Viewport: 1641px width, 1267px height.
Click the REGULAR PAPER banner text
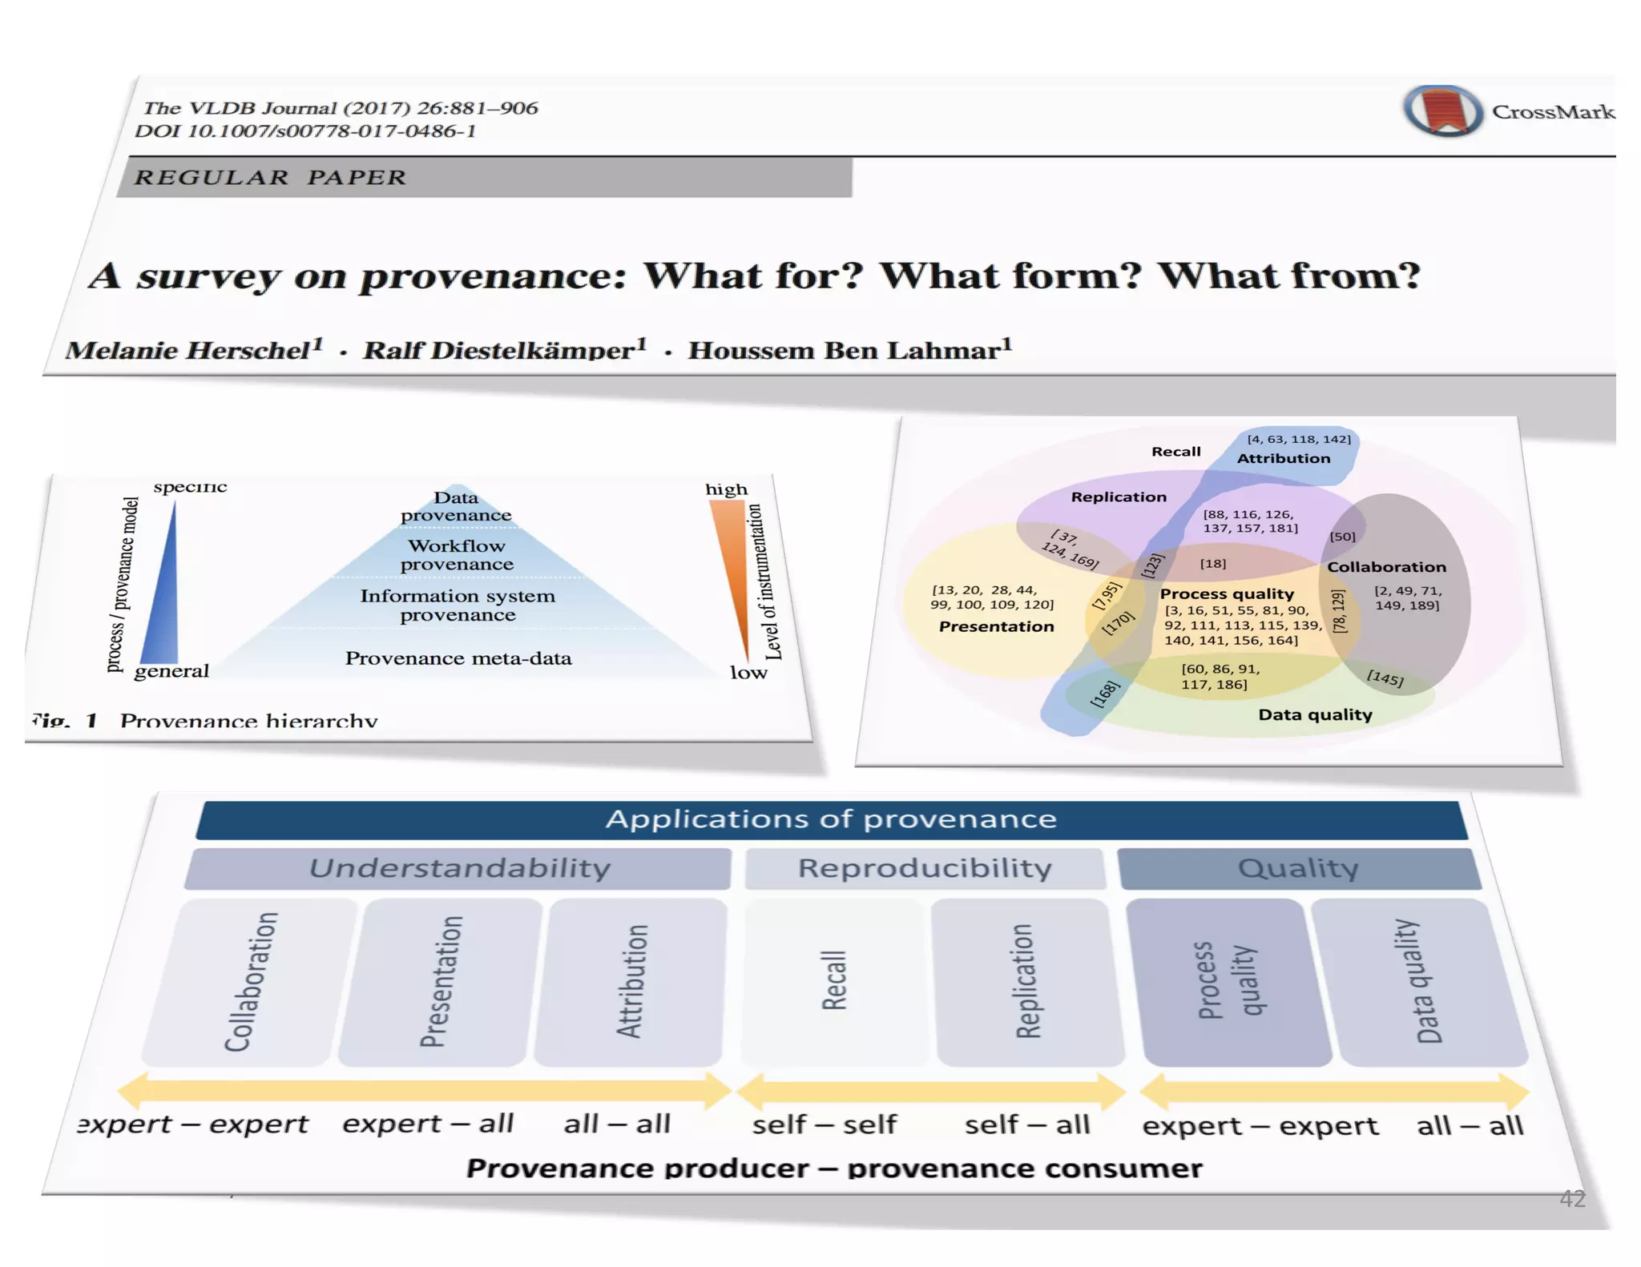point(270,177)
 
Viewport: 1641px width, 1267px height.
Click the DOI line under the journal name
point(305,131)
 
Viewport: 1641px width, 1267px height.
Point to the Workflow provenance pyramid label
point(457,555)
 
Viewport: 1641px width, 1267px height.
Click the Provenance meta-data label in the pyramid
point(458,658)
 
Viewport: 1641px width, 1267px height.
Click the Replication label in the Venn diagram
point(1119,497)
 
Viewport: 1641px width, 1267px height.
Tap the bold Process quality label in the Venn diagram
point(1227,593)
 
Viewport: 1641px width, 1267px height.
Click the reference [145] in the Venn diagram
point(1385,678)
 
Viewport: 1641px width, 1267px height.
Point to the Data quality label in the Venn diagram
point(1315,714)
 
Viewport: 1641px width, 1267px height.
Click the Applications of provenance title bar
point(831,819)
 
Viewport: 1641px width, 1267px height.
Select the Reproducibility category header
point(925,868)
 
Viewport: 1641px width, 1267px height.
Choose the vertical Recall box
point(833,981)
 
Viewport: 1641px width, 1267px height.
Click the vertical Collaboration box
point(251,982)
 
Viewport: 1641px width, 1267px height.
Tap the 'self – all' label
point(1026,1125)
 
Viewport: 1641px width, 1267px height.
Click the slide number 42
point(1572,1199)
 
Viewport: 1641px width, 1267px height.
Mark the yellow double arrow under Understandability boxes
point(425,1091)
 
